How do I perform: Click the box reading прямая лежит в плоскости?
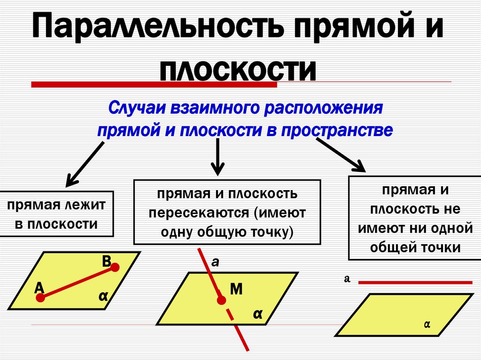[x=56, y=213]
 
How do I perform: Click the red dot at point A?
[x=41, y=298]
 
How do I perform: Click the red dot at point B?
[x=115, y=268]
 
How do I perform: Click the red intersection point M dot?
[x=219, y=299]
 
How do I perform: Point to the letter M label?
[x=236, y=289]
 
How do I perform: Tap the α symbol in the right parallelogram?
[x=427, y=324]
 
